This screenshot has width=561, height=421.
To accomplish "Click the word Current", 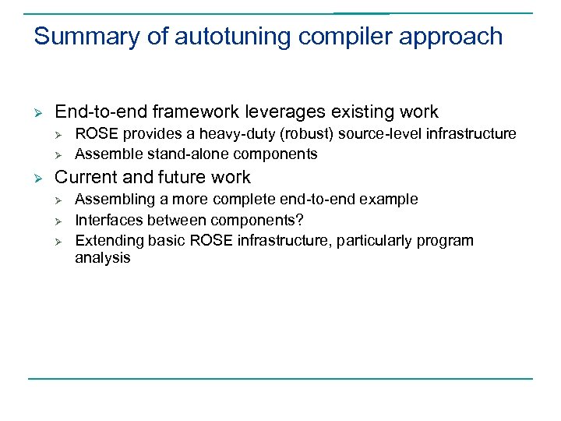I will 83,177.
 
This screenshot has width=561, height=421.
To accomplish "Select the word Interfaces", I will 108,220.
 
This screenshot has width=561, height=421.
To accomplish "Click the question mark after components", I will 300,220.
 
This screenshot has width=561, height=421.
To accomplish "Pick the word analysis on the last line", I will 102,258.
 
